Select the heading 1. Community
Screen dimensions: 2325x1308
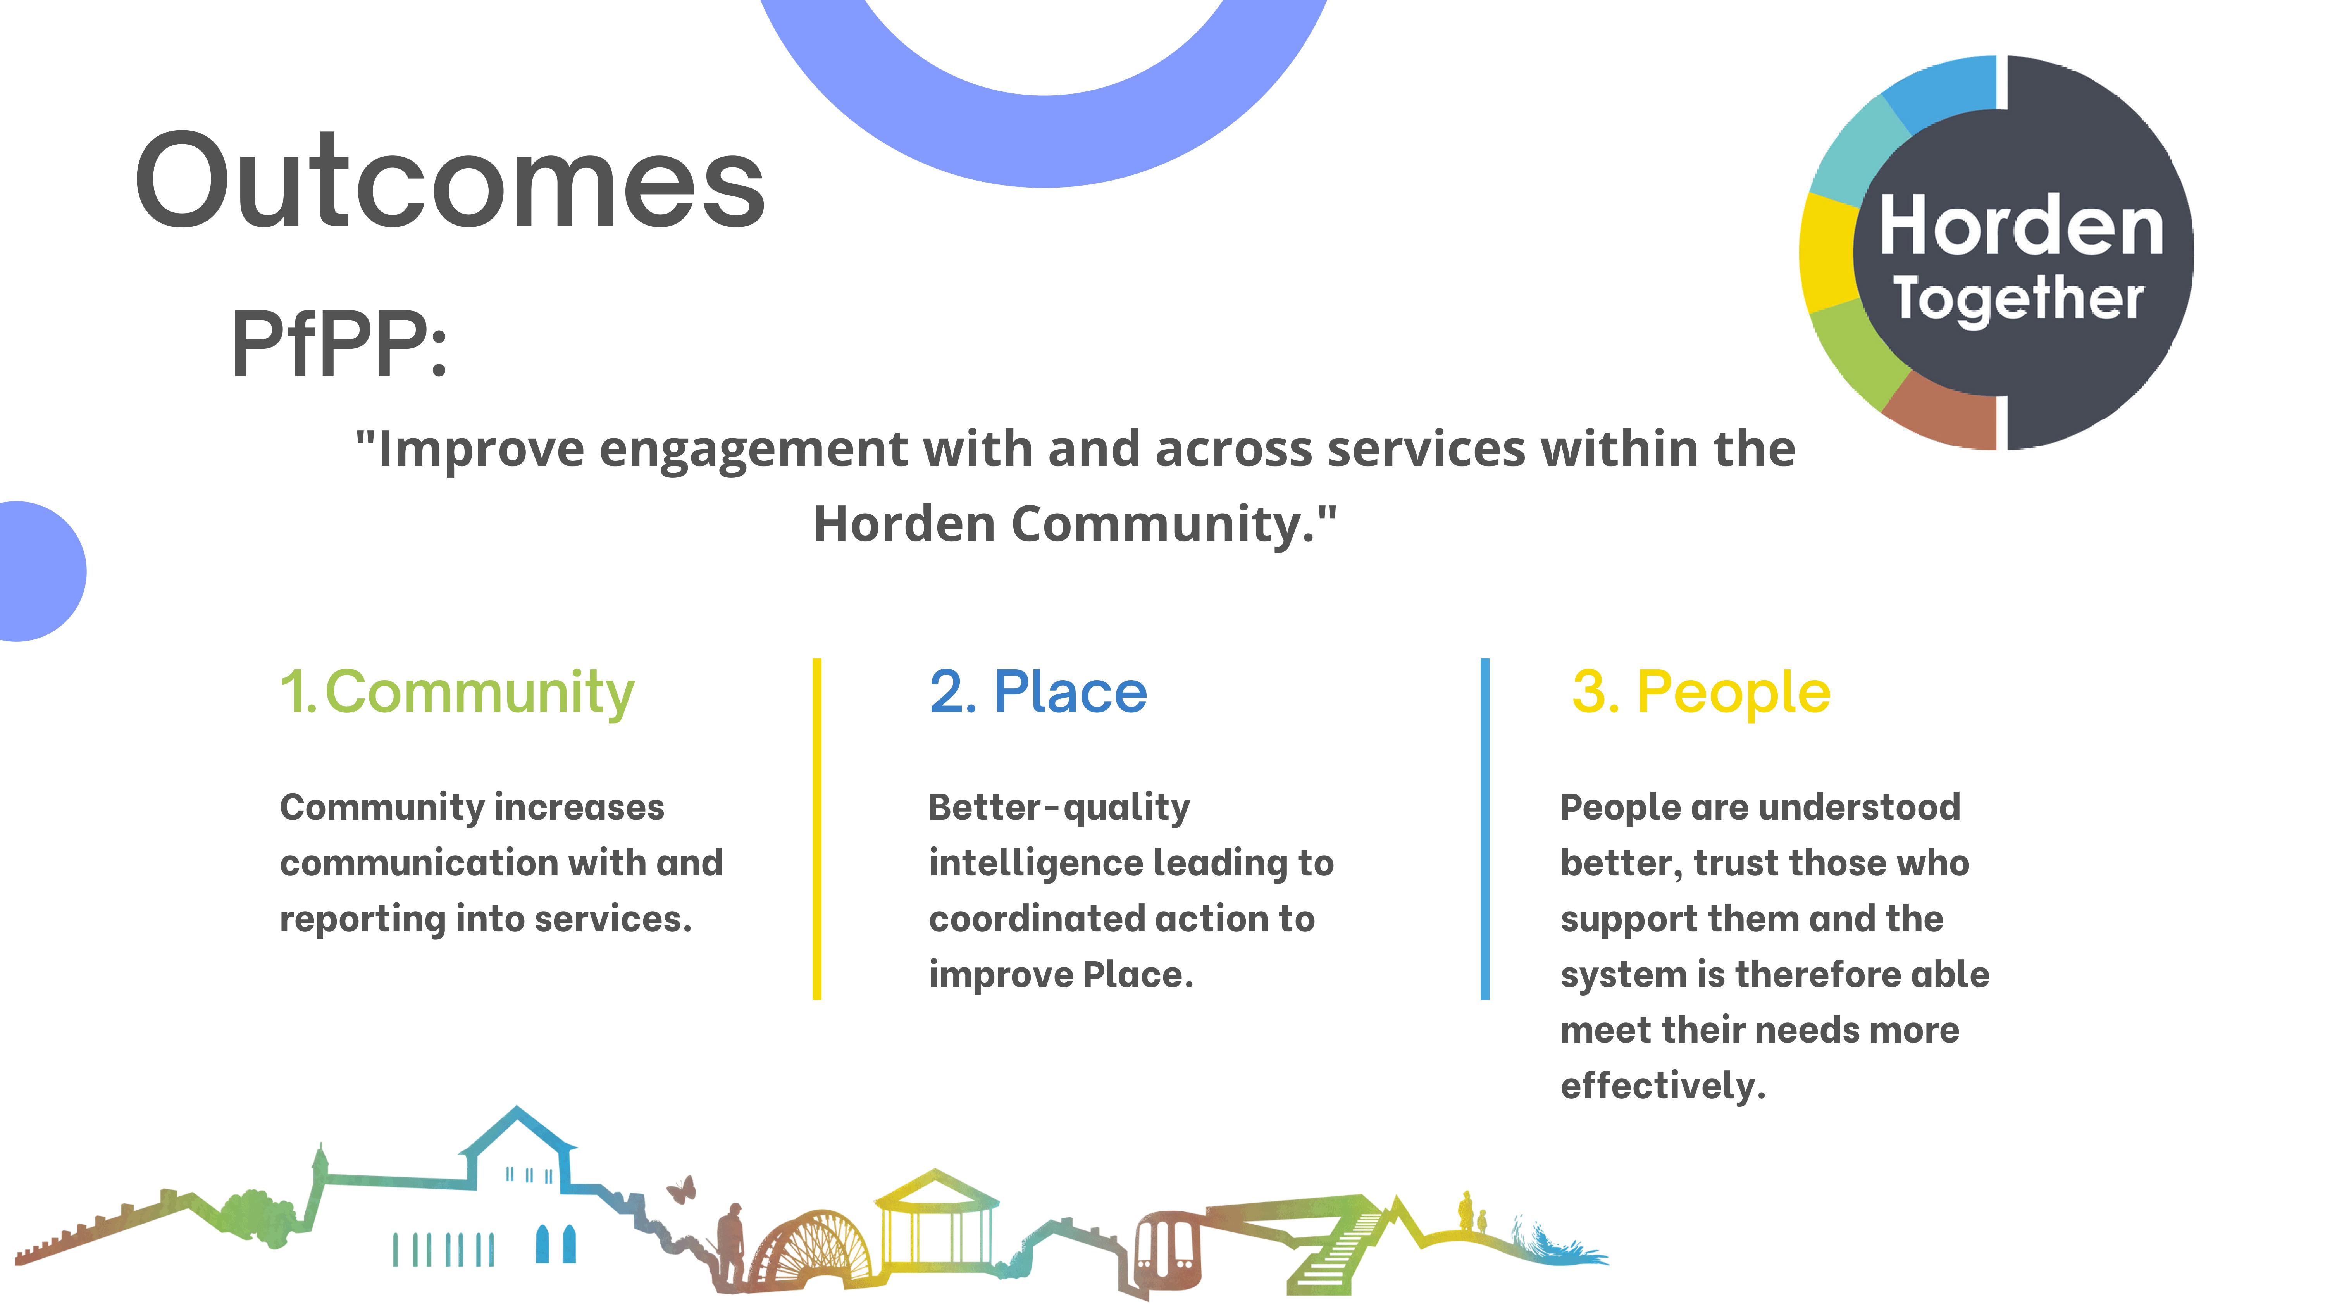pyautogui.click(x=457, y=692)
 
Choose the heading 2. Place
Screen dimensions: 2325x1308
pyautogui.click(x=1038, y=692)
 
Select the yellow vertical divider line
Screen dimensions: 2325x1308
pyautogui.click(x=817, y=829)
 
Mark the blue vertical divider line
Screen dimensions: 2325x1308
pyautogui.click(x=1485, y=829)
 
